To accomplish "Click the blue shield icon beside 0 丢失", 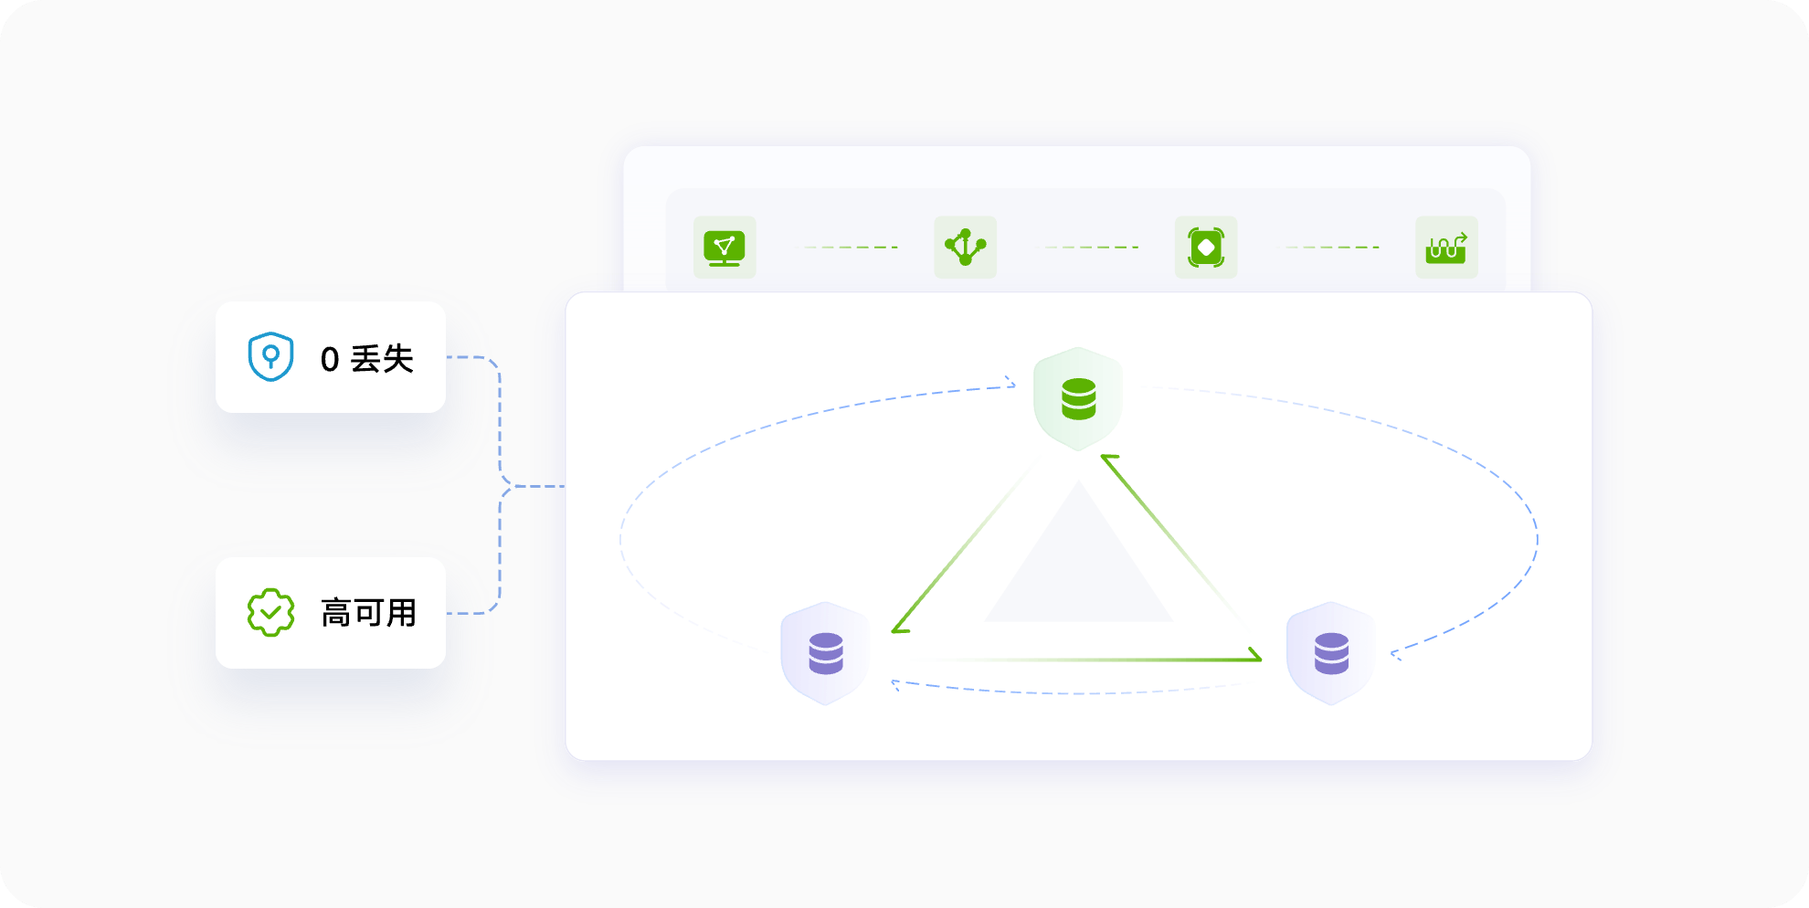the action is tap(270, 356).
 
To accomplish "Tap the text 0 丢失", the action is tap(367, 359).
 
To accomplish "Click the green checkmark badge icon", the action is tap(270, 612).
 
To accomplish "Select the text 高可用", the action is tap(368, 613).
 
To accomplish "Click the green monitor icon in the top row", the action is tap(725, 248).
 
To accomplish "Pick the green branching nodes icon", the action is tap(965, 247).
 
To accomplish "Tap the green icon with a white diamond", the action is tap(1206, 248).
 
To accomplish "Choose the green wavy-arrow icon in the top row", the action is tap(1446, 248).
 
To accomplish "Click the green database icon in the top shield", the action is tap(1079, 399).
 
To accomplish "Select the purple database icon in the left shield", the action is tap(826, 653).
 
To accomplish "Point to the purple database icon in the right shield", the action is tap(1331, 653).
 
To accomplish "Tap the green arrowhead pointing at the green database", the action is tap(1108, 459).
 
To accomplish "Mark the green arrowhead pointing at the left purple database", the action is tap(899, 626).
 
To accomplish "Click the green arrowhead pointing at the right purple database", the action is tap(1254, 655).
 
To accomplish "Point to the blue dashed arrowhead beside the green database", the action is tap(1010, 382).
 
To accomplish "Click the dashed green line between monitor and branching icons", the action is tap(851, 248).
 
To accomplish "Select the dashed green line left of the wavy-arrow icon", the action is tap(1332, 248).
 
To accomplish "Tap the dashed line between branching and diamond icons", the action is tap(1091, 248).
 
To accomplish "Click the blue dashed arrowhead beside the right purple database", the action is tap(1396, 653).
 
